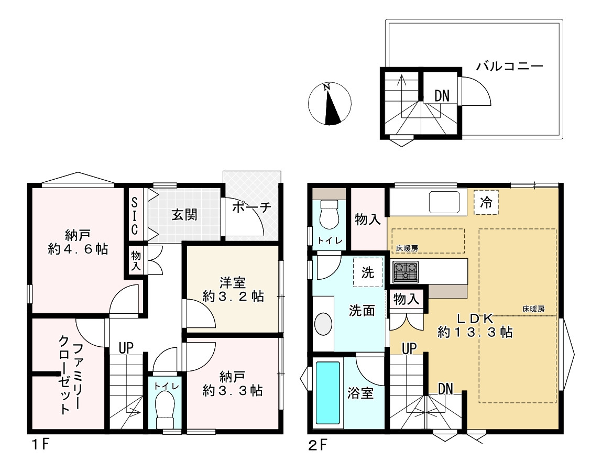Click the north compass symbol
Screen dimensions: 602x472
[330, 104]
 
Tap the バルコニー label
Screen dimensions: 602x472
[509, 67]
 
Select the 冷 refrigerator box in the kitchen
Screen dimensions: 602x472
[486, 202]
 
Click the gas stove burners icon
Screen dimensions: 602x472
[406, 272]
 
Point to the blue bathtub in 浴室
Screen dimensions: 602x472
[328, 393]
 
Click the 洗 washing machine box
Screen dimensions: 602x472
[368, 272]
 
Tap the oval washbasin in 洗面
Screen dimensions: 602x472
[323, 324]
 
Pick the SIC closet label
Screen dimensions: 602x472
[134, 216]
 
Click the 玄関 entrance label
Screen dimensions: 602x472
[184, 214]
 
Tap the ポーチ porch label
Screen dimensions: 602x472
[251, 207]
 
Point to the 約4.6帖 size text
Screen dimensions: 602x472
[78, 249]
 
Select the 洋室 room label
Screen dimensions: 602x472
[233, 283]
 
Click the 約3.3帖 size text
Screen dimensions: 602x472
[233, 391]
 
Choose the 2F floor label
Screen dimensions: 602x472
[318, 445]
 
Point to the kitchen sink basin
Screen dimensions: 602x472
[444, 202]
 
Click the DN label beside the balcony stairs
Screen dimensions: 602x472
[442, 96]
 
